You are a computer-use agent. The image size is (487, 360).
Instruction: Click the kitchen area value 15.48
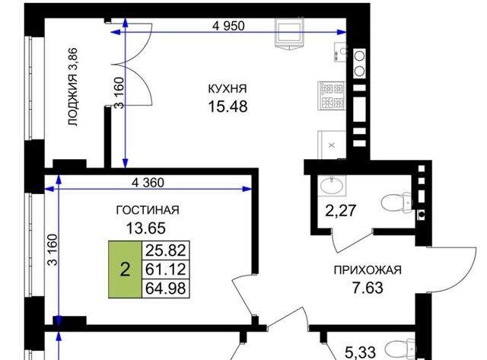[x=228, y=107]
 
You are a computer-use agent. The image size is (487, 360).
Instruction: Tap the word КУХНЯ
[x=228, y=89]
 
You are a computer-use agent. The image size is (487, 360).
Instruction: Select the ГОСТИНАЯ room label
[x=148, y=210]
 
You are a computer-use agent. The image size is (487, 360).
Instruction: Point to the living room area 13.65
[x=145, y=228]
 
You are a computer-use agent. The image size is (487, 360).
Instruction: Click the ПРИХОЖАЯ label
[x=368, y=270]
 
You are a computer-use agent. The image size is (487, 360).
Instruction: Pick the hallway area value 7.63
[x=368, y=288]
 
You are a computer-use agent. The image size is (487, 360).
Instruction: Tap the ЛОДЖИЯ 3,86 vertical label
[x=73, y=87]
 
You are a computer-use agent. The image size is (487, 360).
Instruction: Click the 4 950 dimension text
[x=228, y=26]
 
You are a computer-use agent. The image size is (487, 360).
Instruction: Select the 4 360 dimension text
[x=148, y=183]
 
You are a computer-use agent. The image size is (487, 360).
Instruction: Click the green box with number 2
[x=125, y=269]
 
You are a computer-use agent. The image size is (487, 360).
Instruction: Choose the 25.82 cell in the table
[x=166, y=250]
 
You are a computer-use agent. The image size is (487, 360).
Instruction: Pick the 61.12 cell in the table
[x=166, y=269]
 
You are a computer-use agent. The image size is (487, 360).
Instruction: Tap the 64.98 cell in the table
[x=166, y=288]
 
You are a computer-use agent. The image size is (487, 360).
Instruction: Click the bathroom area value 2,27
[x=340, y=211]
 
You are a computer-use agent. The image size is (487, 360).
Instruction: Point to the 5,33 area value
[x=360, y=353]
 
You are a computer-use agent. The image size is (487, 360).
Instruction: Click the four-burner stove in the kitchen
[x=332, y=95]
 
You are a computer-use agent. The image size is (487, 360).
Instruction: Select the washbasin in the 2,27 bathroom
[x=332, y=186]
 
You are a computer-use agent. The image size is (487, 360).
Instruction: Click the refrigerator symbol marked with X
[x=332, y=145]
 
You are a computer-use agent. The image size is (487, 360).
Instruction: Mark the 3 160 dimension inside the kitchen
[x=119, y=93]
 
